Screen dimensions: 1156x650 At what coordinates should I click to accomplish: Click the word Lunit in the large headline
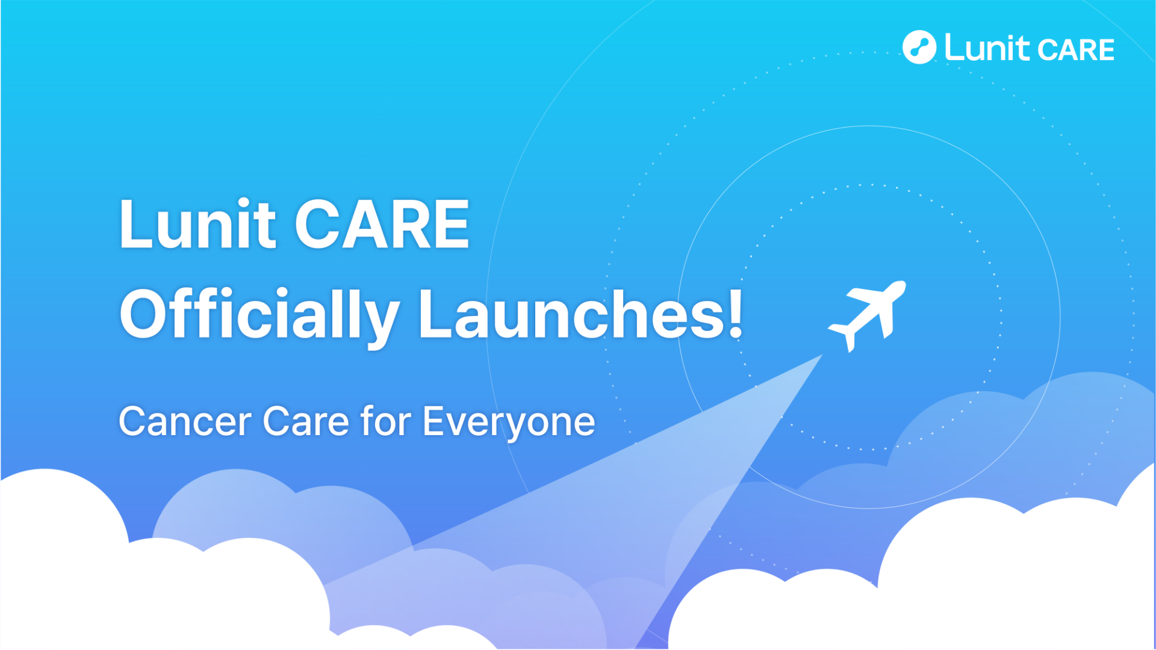197,223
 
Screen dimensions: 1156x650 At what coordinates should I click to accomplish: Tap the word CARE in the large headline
382,224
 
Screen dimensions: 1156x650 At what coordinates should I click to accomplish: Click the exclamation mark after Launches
735,313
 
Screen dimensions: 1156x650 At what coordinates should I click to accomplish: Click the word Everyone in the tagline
509,423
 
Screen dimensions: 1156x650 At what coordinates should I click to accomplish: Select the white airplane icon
867,316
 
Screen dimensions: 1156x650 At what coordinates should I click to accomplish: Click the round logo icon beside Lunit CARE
919,47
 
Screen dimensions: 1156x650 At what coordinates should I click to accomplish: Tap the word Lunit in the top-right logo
987,47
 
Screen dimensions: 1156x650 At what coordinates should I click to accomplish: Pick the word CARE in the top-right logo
1076,50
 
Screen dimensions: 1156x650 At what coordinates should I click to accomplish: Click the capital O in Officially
145,314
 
